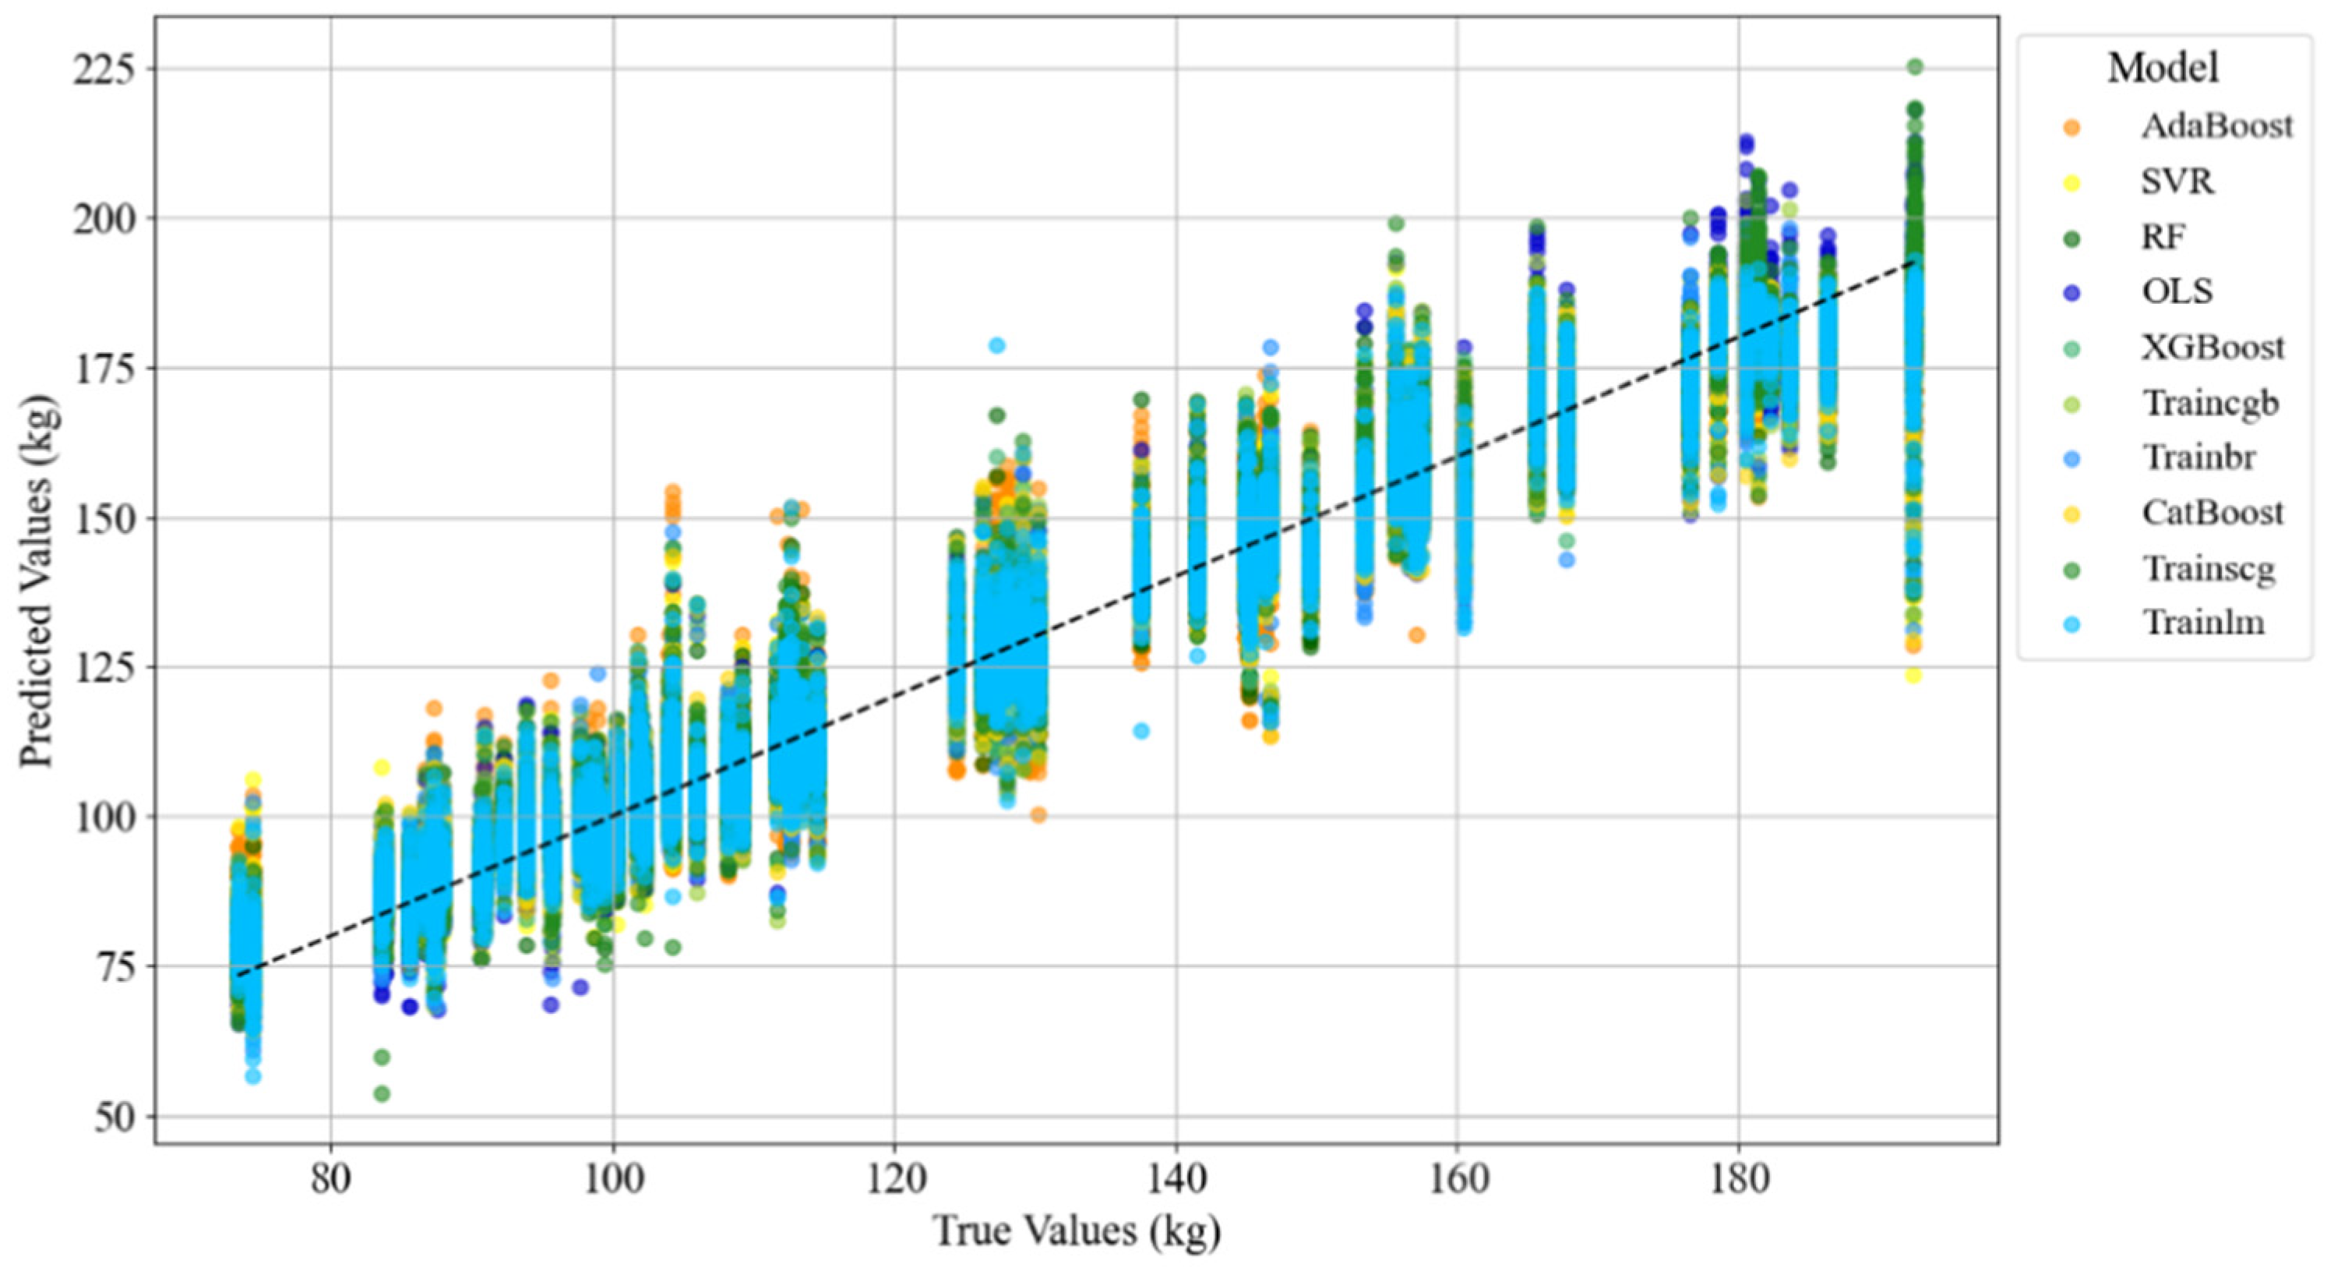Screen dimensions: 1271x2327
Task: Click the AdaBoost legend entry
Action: click(x=2215, y=127)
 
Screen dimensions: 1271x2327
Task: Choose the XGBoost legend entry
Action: click(x=2212, y=348)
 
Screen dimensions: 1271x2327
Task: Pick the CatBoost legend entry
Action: click(x=2212, y=513)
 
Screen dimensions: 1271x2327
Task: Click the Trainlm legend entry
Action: click(x=2204, y=623)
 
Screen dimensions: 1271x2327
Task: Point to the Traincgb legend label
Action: click(x=2209, y=403)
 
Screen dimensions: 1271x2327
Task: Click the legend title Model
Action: click(x=2163, y=69)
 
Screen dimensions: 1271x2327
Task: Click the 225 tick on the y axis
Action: click(x=101, y=69)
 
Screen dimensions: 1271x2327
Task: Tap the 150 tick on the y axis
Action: click(x=101, y=518)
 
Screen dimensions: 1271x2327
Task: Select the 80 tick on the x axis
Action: click(x=330, y=1181)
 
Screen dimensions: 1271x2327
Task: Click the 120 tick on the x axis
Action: click(x=894, y=1181)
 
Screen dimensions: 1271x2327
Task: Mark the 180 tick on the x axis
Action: click(x=1740, y=1181)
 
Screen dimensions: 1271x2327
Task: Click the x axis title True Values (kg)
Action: click(x=1076, y=1232)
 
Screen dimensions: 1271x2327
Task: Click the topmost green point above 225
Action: click(x=1914, y=67)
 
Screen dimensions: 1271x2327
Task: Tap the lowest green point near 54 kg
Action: click(x=382, y=1094)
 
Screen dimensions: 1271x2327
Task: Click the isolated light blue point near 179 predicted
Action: click(x=997, y=345)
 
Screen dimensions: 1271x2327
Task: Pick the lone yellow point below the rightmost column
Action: click(x=1913, y=676)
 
